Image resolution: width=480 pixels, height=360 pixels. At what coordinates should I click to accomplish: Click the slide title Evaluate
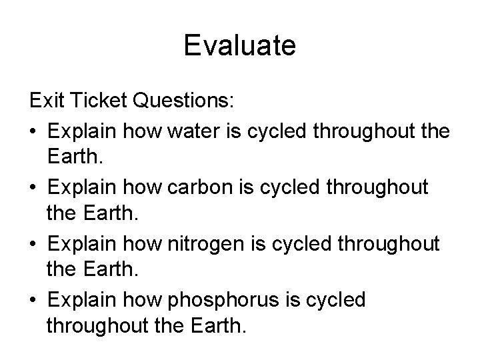click(x=240, y=46)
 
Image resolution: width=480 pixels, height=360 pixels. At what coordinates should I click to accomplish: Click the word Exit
click(x=45, y=102)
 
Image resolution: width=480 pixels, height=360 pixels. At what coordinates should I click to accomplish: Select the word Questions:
click(x=183, y=102)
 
